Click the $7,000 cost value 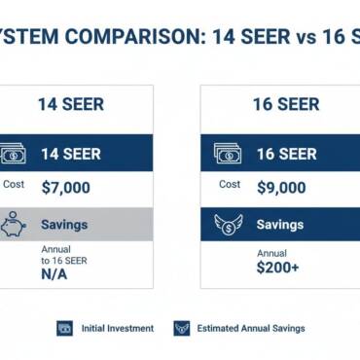point(67,188)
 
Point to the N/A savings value point(54,275)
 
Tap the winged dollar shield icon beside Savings point(231,225)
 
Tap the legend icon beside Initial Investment point(65,329)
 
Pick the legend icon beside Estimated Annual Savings point(182,329)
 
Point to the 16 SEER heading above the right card point(285,103)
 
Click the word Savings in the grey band point(64,225)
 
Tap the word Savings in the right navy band point(280,225)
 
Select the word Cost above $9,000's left point(230,184)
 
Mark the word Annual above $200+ point(271,253)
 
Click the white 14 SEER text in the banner point(70,154)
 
